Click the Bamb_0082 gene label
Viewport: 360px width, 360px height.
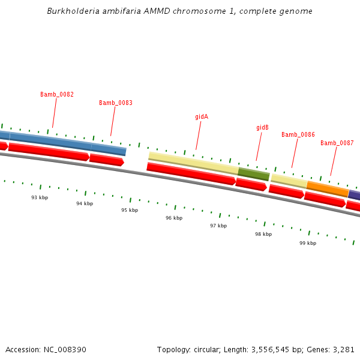(57, 95)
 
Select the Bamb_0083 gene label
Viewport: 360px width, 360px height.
(116, 103)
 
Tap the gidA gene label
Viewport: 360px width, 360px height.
(202, 116)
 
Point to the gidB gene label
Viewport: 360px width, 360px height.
(262, 128)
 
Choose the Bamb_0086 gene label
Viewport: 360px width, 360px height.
(298, 135)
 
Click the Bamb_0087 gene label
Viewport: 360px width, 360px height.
(337, 143)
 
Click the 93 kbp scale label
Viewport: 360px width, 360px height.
(40, 197)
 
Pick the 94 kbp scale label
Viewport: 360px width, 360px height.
(85, 204)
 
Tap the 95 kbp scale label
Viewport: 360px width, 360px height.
(130, 211)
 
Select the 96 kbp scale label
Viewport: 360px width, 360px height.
(174, 218)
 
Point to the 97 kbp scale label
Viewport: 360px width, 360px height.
(218, 226)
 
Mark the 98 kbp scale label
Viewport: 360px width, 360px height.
(263, 235)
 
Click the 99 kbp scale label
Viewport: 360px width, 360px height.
(308, 244)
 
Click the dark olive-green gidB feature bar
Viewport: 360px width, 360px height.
(254, 174)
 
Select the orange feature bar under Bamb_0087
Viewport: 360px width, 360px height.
(328, 189)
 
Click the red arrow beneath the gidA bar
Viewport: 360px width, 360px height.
(191, 174)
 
